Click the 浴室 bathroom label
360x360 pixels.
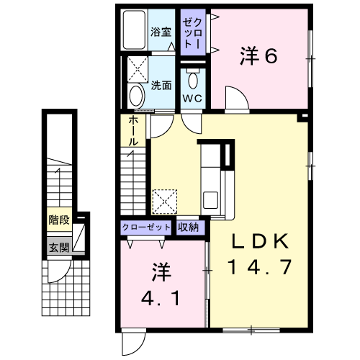pos(161,32)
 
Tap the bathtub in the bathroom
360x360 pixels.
pos(135,30)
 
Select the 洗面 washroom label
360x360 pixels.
pos(161,86)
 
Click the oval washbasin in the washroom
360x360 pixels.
pos(136,96)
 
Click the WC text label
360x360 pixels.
pos(192,98)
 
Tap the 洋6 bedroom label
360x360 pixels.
pos(258,56)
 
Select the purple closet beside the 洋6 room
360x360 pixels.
pos(193,32)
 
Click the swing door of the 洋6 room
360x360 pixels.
pos(237,98)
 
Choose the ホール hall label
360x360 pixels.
pos(133,131)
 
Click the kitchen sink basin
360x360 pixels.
pos(210,200)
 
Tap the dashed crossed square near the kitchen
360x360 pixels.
pos(165,202)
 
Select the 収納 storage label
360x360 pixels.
pos(188,227)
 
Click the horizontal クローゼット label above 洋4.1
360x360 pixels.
pos(146,227)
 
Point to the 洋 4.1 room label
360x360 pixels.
pos(161,285)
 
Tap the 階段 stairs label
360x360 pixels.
pos(59,220)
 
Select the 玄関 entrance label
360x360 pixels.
pos(59,248)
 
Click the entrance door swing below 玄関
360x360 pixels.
pos(60,271)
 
